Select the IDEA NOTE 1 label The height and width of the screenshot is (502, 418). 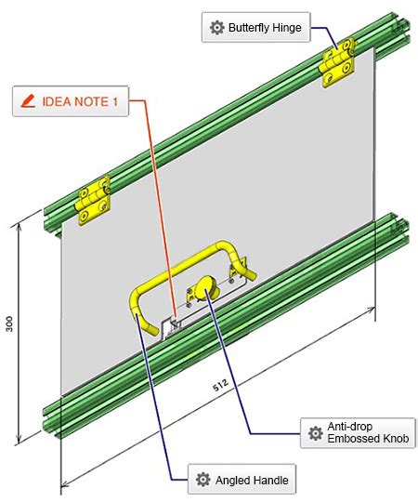click(x=72, y=102)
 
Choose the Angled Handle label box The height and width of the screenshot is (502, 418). click(x=242, y=481)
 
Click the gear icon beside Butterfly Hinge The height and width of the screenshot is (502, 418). click(x=217, y=28)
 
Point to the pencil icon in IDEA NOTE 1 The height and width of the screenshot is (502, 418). click(x=28, y=102)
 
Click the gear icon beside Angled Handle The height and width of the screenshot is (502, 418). click(x=203, y=481)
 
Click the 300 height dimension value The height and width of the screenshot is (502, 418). click(x=9, y=324)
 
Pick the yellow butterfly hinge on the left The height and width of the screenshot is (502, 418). click(x=93, y=198)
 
